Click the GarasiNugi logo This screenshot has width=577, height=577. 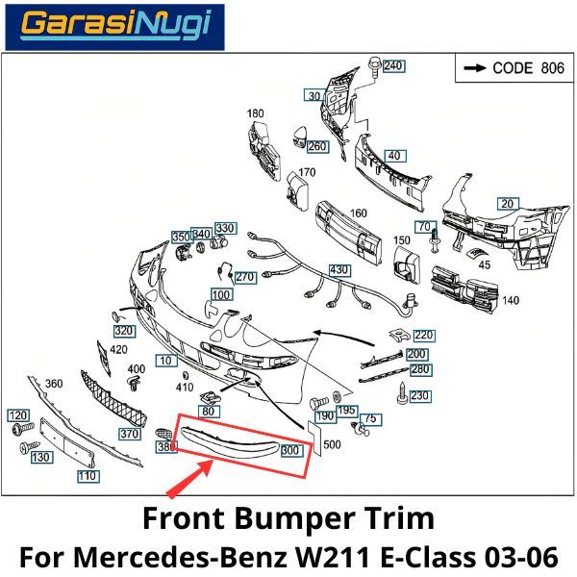114,27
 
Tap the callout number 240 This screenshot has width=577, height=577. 393,65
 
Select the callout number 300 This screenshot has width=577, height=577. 291,450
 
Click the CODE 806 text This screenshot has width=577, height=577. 528,68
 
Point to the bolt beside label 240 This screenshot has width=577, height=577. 374,66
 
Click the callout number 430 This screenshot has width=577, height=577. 339,270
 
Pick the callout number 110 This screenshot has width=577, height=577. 88,476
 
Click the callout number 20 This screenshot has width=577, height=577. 508,204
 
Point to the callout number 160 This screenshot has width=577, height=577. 358,213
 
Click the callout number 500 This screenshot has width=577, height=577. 332,444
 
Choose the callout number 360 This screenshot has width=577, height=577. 54,384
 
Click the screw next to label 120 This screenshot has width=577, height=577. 23,429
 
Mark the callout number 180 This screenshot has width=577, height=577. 255,113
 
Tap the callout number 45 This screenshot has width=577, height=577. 485,264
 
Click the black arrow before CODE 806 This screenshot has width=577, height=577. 475,68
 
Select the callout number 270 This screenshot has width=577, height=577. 245,277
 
